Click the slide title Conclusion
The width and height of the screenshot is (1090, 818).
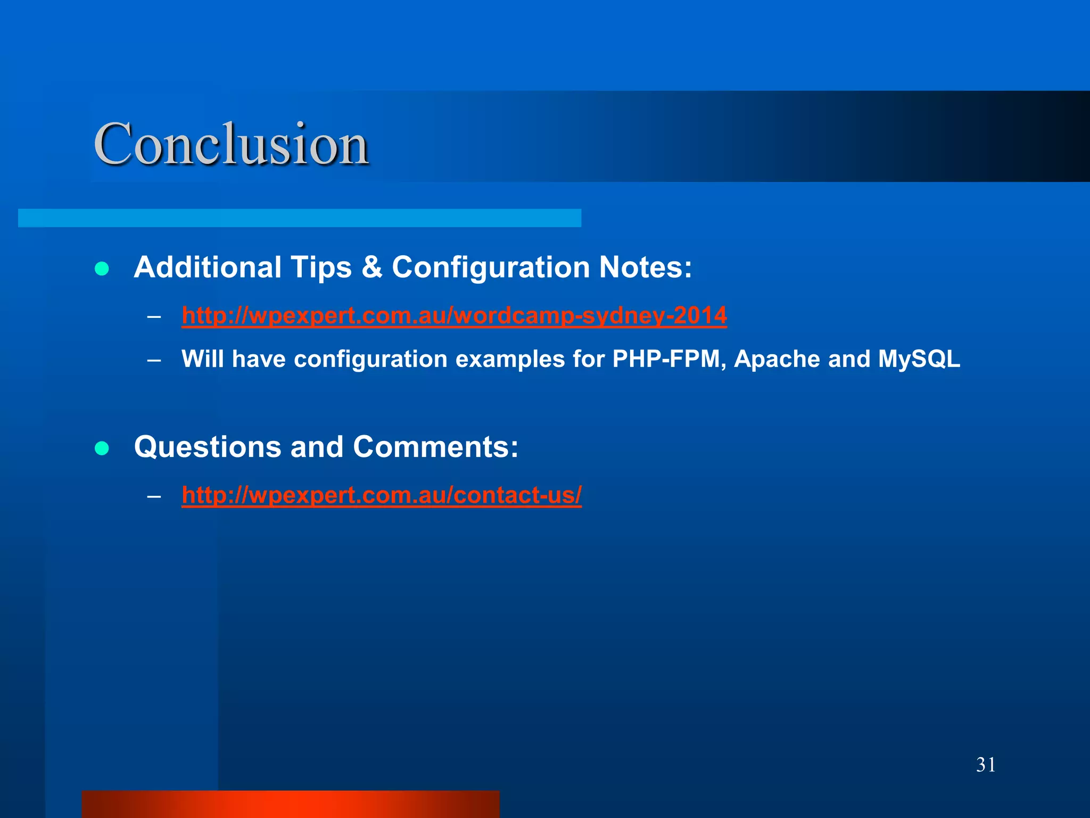(231, 144)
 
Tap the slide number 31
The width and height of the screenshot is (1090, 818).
(986, 765)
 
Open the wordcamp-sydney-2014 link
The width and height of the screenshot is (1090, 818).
(454, 315)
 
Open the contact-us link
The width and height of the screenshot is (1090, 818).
(382, 495)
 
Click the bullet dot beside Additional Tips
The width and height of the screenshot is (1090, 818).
(102, 268)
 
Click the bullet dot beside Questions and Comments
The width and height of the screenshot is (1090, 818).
(102, 448)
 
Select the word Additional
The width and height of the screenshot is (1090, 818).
(207, 267)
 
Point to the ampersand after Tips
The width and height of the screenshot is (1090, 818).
(371, 267)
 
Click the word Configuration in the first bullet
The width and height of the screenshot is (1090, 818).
(490, 267)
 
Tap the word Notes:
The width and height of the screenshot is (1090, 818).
(646, 267)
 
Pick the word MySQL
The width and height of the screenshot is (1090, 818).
(919, 359)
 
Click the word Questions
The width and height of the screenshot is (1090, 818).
(207, 447)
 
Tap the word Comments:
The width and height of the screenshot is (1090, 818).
(435, 447)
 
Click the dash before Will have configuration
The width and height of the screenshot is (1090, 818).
(154, 361)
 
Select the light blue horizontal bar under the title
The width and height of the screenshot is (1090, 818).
(299, 218)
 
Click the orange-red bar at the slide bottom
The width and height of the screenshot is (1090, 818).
(290, 804)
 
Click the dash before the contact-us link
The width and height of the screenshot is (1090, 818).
(154, 496)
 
